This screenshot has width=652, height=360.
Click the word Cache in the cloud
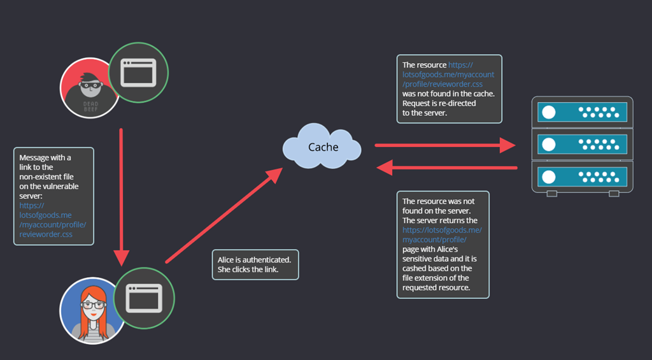323,147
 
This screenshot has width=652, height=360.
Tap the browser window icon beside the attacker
138,73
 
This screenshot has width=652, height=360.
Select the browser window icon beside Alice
144,298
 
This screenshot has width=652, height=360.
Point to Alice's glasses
93,305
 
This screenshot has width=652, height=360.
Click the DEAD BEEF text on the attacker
90,106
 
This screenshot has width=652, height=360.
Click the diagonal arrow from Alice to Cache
224,215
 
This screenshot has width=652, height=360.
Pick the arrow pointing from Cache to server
445,145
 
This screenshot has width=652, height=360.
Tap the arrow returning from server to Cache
447,168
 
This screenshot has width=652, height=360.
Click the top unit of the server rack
582,112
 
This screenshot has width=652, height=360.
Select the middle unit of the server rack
582,145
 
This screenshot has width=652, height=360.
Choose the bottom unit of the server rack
582,177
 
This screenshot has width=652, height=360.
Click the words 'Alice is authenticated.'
254,260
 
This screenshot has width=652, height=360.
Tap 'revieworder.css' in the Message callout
46,234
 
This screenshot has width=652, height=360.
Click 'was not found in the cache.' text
449,94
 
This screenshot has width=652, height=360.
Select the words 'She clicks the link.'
248,270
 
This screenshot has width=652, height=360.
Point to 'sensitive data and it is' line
439,259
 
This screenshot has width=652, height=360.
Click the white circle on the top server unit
549,112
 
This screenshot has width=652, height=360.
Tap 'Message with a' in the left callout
45,158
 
